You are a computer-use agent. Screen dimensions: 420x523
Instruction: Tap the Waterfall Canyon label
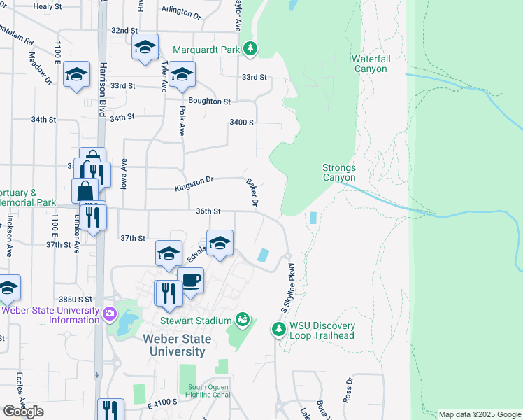tap(370, 64)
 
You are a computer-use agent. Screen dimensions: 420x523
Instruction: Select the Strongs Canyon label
tap(339, 172)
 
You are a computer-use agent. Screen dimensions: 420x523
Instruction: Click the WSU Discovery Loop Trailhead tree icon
tap(279, 328)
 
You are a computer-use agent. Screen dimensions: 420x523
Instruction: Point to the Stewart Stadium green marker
tap(243, 320)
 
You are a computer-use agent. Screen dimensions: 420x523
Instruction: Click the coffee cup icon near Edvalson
tap(190, 280)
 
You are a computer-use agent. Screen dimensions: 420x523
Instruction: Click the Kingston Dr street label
tap(194, 183)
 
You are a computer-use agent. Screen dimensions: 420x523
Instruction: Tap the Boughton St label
tap(209, 101)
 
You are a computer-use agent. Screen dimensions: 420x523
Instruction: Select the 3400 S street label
tap(241, 122)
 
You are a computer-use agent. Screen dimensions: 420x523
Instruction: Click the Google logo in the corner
tap(23, 412)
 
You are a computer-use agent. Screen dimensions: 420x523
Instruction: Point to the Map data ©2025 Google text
tap(479, 414)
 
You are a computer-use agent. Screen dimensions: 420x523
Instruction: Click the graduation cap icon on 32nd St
tap(145, 47)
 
